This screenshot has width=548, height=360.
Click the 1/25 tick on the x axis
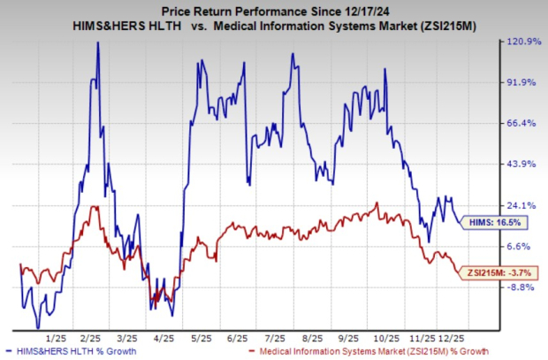[x=57, y=338]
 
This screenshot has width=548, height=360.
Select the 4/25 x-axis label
[x=164, y=338]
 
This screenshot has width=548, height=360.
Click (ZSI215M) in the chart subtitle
[x=433, y=27]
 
